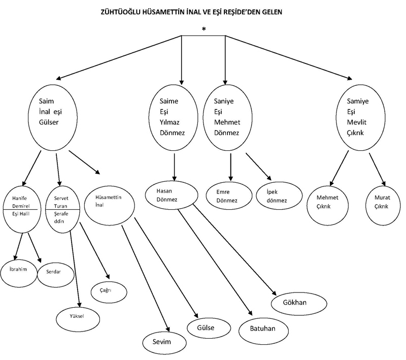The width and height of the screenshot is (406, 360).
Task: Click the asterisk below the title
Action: (x=204, y=29)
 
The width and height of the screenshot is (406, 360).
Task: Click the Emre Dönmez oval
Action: (x=229, y=196)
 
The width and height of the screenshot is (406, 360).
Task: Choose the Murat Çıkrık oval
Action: (x=381, y=202)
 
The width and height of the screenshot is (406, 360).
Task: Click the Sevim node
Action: (x=162, y=341)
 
